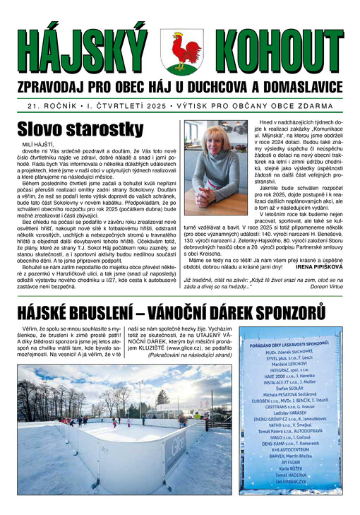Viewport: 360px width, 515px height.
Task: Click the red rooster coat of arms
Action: point(181,52)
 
